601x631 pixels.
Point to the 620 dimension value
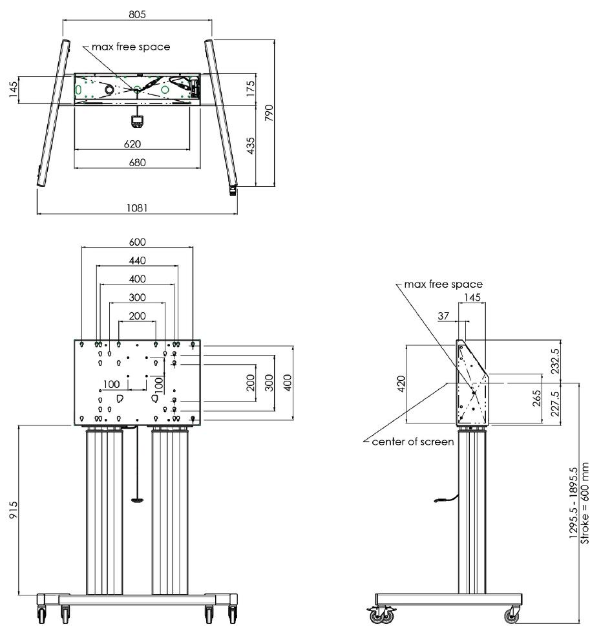[132, 144]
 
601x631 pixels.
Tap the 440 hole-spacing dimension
[137, 261]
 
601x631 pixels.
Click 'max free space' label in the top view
[131, 47]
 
